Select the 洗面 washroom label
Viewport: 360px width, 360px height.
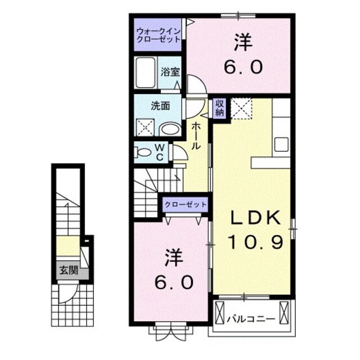(x=159, y=105)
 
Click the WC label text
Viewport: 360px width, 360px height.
(x=159, y=151)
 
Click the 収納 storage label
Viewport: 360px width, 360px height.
(x=219, y=107)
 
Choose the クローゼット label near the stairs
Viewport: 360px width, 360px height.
(x=185, y=204)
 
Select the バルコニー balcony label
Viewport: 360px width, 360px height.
(x=251, y=318)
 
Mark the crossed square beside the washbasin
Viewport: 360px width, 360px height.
(x=145, y=128)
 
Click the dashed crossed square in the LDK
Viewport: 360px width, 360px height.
(x=241, y=107)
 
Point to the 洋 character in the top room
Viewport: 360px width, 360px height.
(x=242, y=42)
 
